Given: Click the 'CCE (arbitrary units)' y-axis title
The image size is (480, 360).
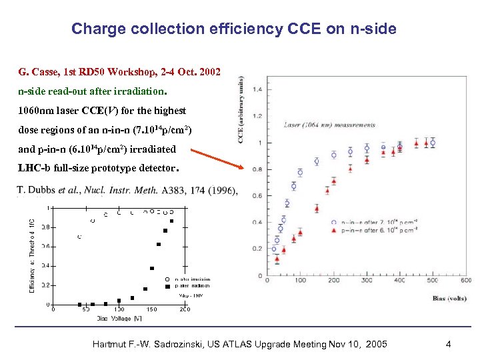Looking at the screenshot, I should [241, 109].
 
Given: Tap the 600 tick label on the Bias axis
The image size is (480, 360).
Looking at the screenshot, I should [465, 281].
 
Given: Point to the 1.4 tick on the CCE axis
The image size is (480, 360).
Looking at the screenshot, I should [257, 89].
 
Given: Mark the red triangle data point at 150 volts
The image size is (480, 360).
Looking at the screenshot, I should [317, 209].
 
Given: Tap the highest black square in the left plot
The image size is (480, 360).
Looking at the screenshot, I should [171, 221].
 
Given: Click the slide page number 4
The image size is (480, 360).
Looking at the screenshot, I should [449, 344].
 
